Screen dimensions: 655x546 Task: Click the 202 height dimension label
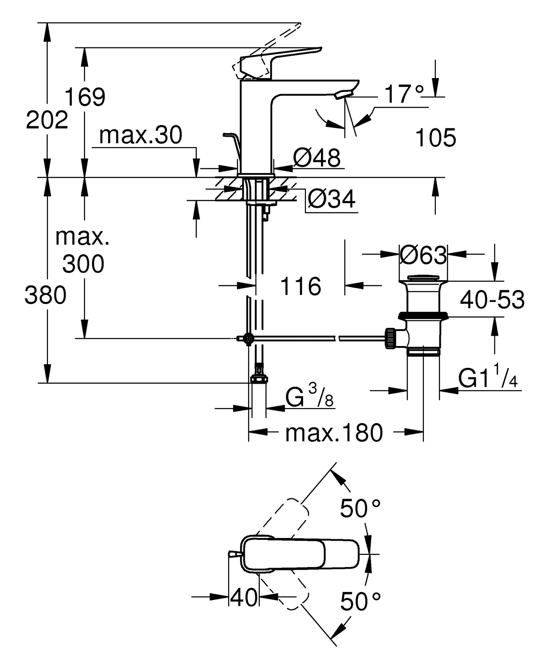click(x=47, y=120)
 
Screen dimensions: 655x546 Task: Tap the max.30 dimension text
click(x=141, y=135)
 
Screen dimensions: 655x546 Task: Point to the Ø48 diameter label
click(x=317, y=158)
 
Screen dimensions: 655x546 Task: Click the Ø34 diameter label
click(x=331, y=199)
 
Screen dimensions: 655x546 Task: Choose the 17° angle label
click(x=404, y=94)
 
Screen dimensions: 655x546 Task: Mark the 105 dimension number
click(x=435, y=138)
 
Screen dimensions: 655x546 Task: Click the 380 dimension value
click(x=45, y=295)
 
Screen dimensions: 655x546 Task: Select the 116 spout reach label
click(x=300, y=286)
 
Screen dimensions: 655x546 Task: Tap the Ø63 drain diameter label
click(x=423, y=256)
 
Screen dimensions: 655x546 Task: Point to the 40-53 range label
click(x=492, y=300)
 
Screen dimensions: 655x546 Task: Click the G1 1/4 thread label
click(x=488, y=379)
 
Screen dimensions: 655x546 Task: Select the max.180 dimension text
click(x=334, y=433)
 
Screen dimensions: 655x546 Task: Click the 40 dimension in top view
click(x=244, y=597)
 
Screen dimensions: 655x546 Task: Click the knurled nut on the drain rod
click(x=390, y=338)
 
